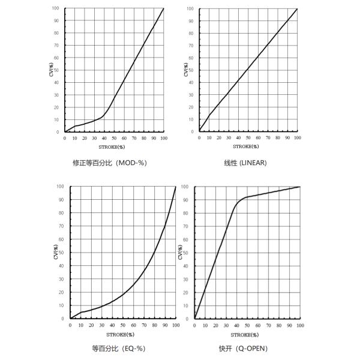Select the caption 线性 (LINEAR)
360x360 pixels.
(x=245, y=163)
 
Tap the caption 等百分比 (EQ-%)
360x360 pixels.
(x=119, y=348)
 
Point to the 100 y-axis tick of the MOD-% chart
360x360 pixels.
(x=56, y=8)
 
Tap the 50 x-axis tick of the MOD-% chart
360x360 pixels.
(x=114, y=138)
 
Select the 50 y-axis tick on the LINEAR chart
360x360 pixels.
(x=191, y=70)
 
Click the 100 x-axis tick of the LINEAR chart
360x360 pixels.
(x=297, y=138)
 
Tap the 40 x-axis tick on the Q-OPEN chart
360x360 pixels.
(x=236, y=325)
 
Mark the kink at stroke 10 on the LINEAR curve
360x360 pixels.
(x=209, y=115)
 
